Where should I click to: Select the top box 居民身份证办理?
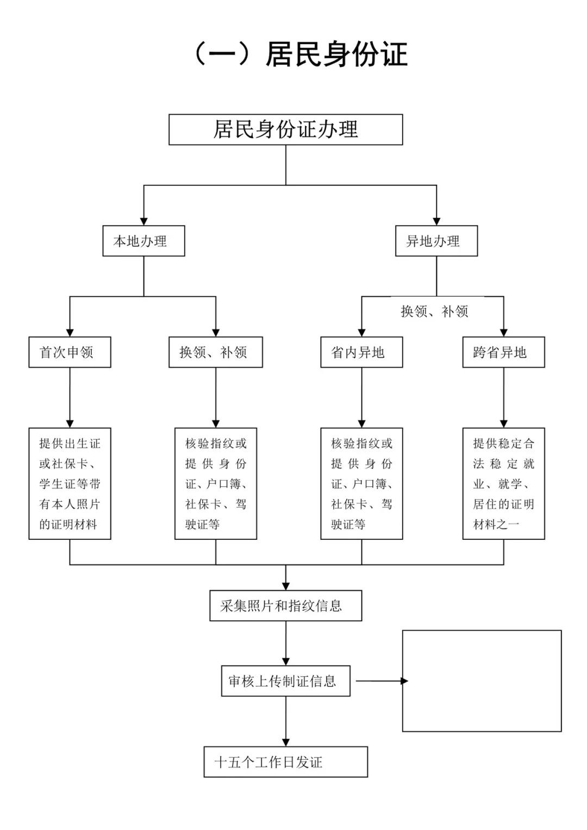[285, 130]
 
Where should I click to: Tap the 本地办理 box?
[143, 241]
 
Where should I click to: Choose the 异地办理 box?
[436, 241]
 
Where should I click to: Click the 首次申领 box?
[70, 352]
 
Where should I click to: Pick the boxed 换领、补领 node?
[215, 352]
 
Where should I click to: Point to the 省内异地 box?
[361, 352]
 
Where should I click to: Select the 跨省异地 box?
[503, 352]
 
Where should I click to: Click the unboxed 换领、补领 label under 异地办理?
[434, 311]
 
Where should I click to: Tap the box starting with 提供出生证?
[70, 483]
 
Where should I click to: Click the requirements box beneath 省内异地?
[361, 483]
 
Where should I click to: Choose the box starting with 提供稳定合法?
[503, 483]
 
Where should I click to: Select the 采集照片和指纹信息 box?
[285, 606]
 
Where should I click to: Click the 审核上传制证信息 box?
[285, 681]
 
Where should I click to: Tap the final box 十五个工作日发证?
[285, 762]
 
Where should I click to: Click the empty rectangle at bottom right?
[482, 681]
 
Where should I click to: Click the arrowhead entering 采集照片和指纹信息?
[286, 586]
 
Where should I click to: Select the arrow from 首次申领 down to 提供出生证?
[70, 397]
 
